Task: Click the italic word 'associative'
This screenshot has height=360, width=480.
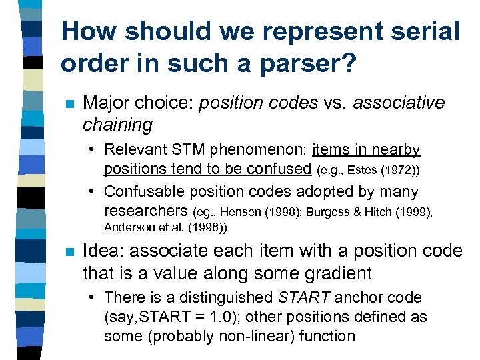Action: pos(399,103)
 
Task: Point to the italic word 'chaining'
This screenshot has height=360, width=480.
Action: pos(117,124)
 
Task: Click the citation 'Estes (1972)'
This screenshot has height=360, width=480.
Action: pos(377,171)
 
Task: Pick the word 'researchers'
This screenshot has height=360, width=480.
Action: pos(146,211)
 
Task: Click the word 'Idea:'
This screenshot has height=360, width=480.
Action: pos(105,252)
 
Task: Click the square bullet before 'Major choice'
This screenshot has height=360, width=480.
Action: pos(67,105)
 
